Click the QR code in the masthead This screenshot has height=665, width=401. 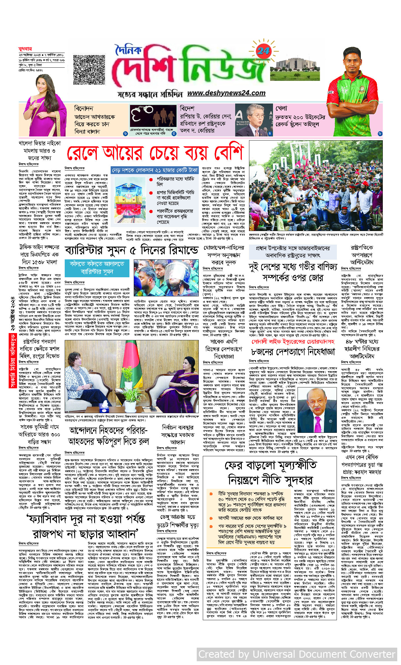click(x=89, y=70)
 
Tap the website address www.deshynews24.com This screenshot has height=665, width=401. click(x=226, y=93)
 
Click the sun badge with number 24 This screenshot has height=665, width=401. click(x=263, y=51)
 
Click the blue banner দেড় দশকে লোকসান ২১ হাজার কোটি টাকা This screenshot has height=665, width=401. click(x=155, y=170)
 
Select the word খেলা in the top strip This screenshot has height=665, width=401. click(x=281, y=108)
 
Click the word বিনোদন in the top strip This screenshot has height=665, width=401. click(x=83, y=108)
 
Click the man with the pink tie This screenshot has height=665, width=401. click(x=317, y=411)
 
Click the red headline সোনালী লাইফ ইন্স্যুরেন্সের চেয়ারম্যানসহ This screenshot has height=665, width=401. click(x=293, y=342)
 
